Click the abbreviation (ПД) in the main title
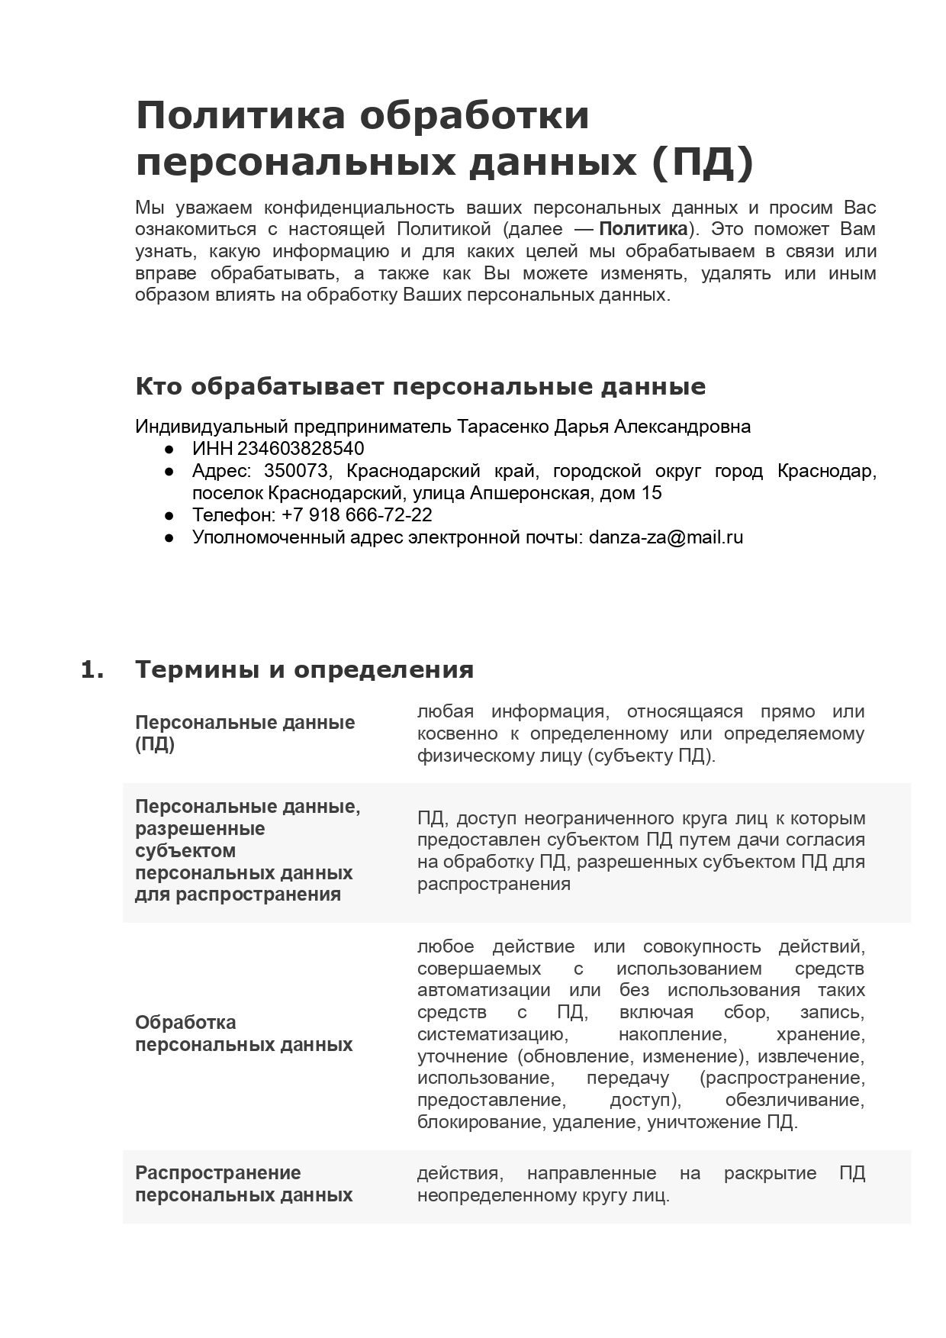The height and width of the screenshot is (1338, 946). point(703,162)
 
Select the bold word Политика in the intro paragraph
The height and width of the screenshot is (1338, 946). point(643,230)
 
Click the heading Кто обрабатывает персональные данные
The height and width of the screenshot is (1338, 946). point(420,387)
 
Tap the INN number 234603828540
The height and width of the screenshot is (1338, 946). point(301,449)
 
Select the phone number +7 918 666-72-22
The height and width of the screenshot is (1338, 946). point(356,515)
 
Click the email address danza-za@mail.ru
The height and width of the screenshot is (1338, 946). point(666,537)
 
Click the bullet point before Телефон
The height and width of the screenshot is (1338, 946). point(169,516)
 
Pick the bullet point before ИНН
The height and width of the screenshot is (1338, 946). point(169,450)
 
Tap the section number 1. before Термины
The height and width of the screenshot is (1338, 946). point(92,670)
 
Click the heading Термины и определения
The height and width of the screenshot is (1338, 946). point(304,670)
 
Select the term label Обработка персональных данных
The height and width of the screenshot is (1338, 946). point(243,1033)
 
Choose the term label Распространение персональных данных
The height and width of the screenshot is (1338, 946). point(243,1184)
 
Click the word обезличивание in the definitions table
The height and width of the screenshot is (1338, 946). point(794,1100)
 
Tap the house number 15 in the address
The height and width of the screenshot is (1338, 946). point(652,493)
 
